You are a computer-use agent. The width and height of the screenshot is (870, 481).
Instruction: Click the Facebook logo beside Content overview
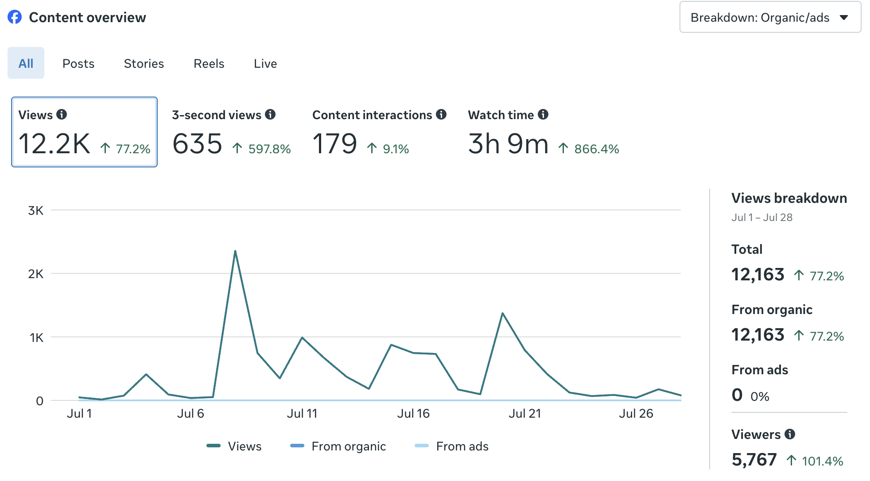coord(15,17)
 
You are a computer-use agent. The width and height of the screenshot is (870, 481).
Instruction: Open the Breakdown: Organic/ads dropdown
coord(770,17)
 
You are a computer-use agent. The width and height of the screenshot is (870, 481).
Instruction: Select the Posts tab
coord(78,63)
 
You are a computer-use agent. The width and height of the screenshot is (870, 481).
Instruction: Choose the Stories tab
coord(144,63)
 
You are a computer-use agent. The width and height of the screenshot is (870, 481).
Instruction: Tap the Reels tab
coord(209,63)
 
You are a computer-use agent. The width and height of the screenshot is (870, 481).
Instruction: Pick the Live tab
coord(265,63)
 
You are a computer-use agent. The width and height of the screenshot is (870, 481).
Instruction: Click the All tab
coord(26,63)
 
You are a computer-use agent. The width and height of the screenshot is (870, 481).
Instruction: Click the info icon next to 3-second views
coord(270,114)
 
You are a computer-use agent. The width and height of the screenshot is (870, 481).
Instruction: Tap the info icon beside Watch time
coord(543,114)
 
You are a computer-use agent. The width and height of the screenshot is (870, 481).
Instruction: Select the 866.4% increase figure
coord(597,149)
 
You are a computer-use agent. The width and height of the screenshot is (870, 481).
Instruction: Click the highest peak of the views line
coord(235,251)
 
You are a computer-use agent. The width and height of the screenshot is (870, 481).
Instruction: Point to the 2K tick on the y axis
coord(36,274)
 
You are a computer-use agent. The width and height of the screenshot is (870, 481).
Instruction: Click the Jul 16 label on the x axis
coord(413,413)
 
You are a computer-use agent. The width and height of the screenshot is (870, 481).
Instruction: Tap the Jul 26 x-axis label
coord(636,413)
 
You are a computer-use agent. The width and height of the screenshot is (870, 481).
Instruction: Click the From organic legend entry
coord(338,446)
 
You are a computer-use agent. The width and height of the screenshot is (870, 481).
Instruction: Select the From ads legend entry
coord(451,446)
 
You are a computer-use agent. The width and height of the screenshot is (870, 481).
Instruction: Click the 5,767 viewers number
coord(754,460)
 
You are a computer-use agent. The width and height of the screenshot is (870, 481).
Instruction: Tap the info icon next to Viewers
coord(790,434)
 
